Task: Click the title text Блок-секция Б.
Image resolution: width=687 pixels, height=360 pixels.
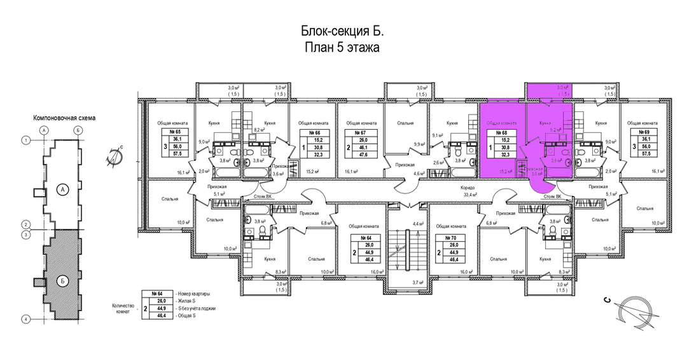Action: [x=342, y=32]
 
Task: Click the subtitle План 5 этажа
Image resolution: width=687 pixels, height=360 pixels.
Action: [x=342, y=49]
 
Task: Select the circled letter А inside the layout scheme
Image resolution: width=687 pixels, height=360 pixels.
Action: [x=62, y=188]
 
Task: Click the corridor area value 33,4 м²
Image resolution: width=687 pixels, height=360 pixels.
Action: [x=470, y=195]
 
